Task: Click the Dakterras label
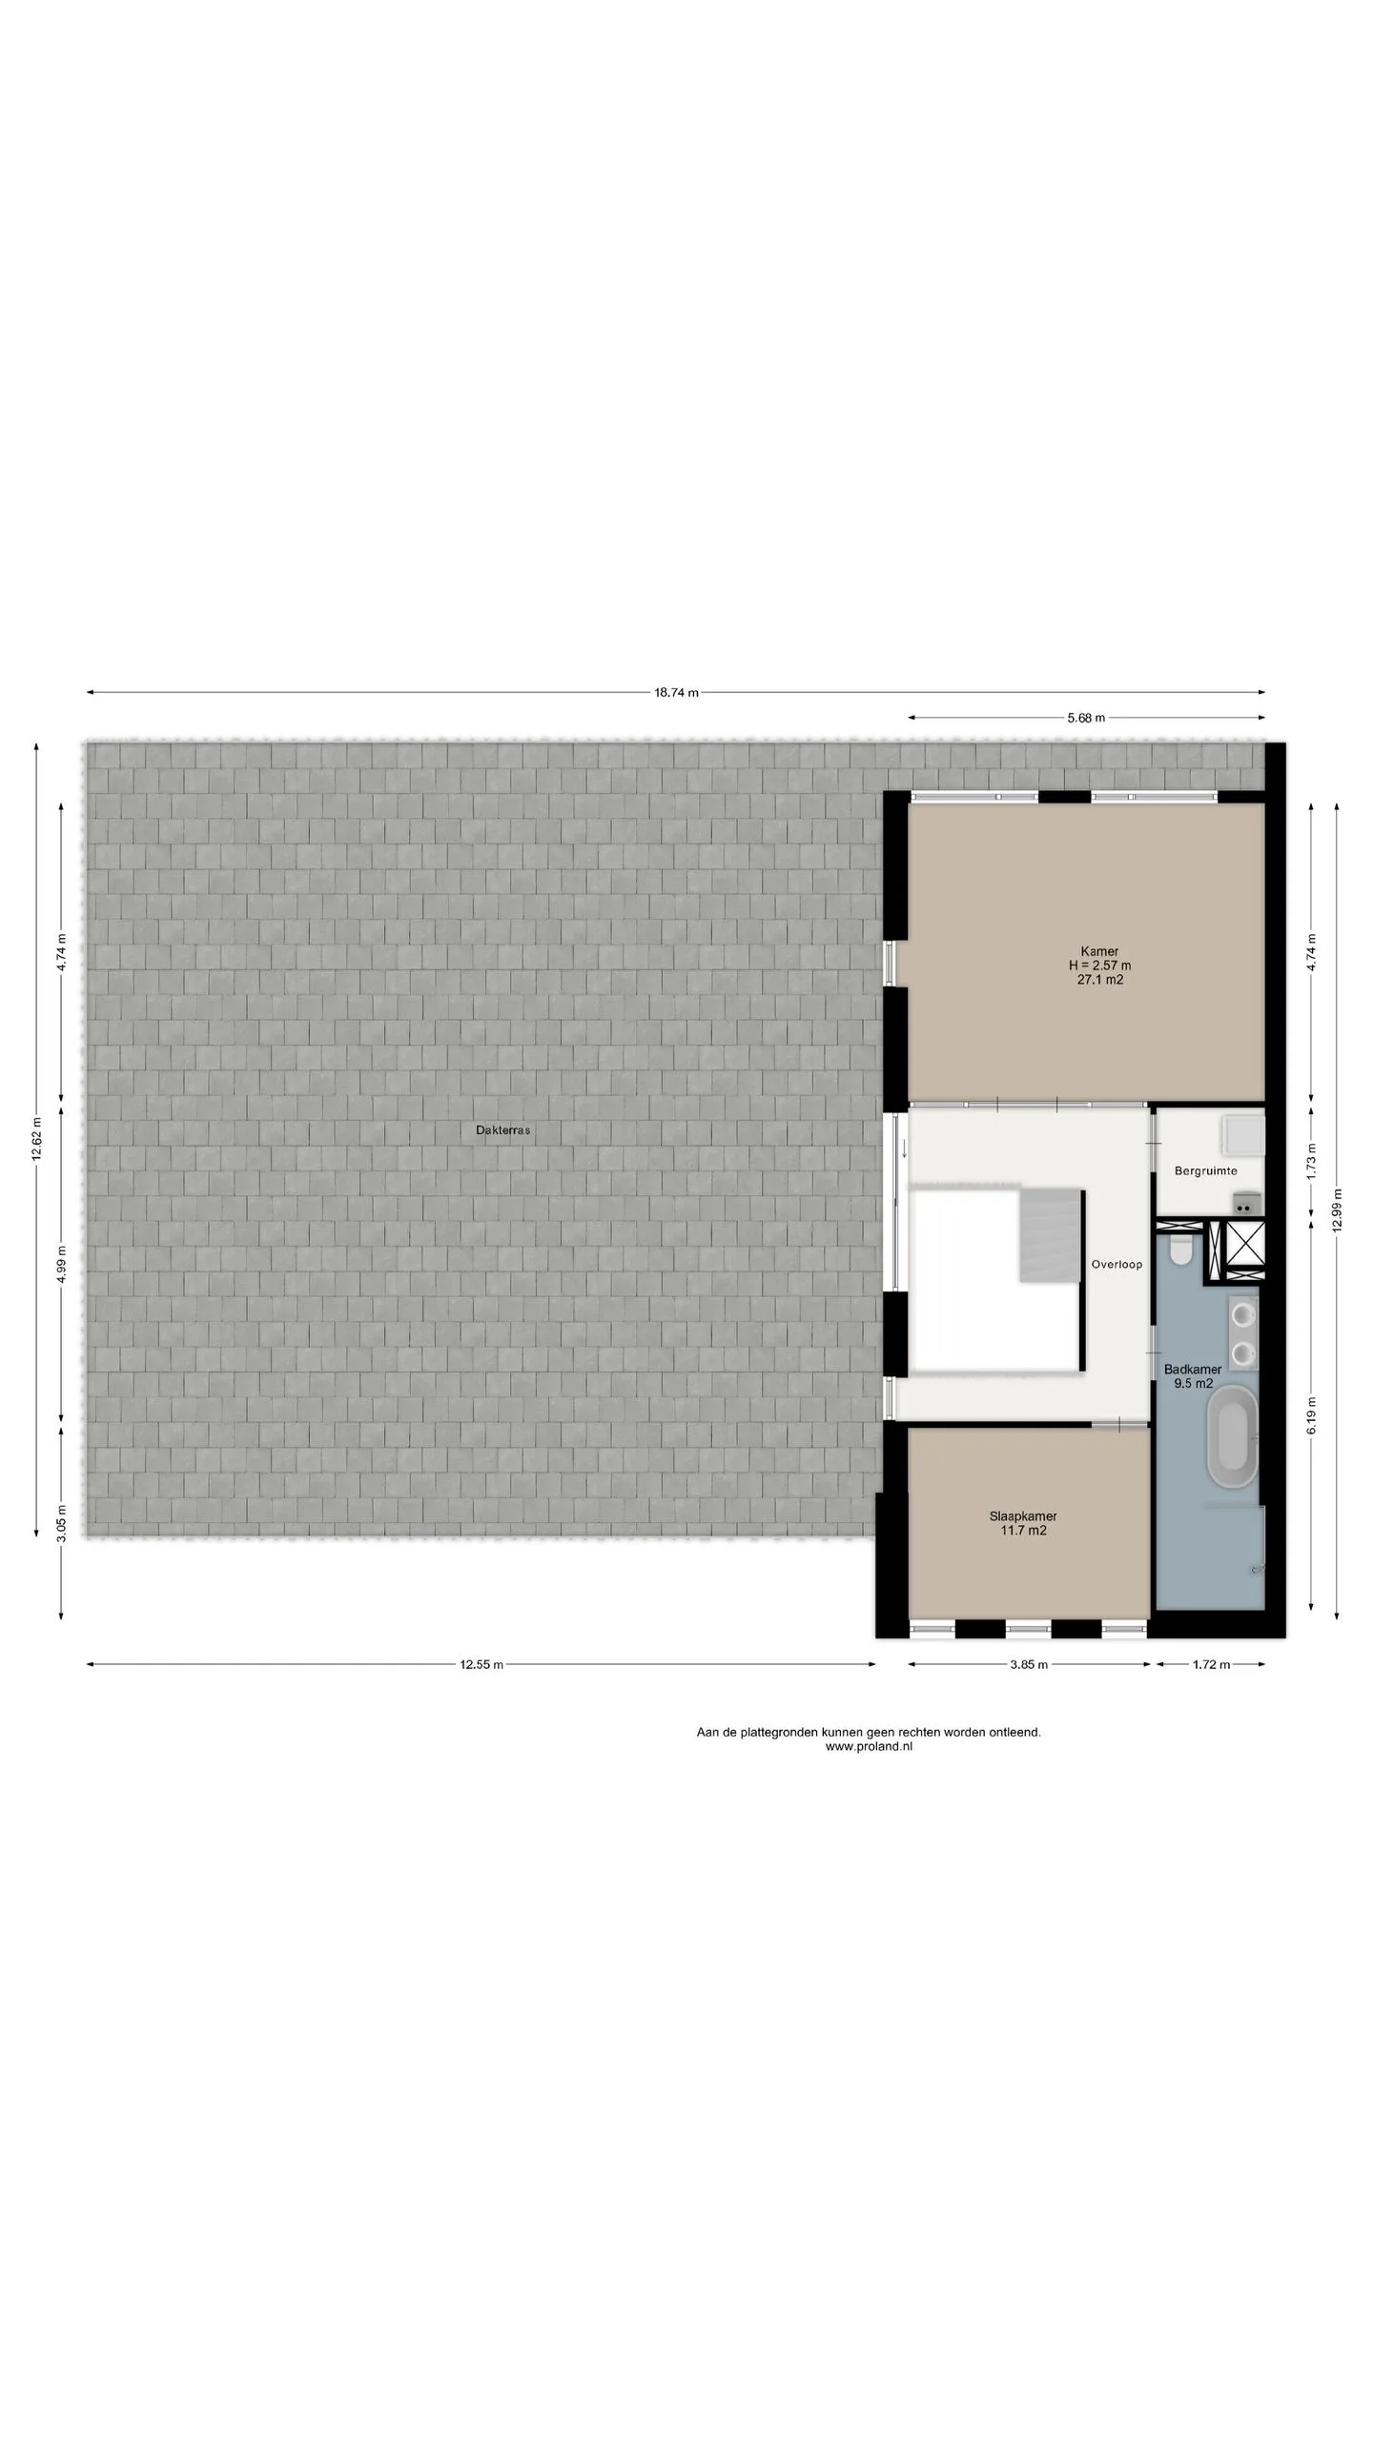click(502, 1130)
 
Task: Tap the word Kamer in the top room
click(1099, 951)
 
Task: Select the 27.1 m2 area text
click(1100, 979)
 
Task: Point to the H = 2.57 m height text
click(1099, 966)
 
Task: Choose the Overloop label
click(1117, 1265)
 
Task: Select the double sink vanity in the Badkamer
click(1244, 1333)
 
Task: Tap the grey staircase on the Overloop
click(1052, 1234)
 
